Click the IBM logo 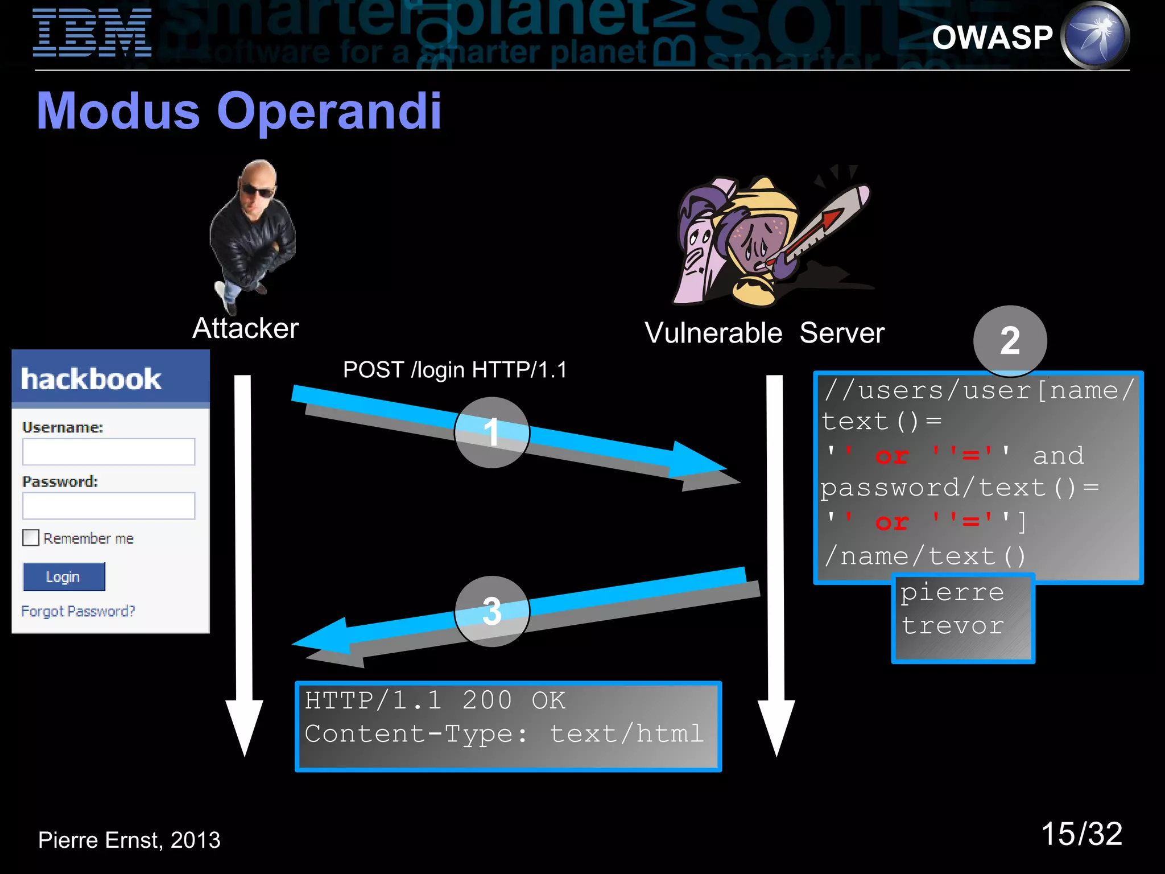tap(92, 33)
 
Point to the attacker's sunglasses tap(257, 191)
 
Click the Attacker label tap(245, 328)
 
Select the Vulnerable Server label tap(764, 333)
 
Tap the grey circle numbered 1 tap(491, 432)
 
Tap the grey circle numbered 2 tap(1010, 341)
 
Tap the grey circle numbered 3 tap(491, 611)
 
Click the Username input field tap(109, 452)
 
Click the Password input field tap(109, 506)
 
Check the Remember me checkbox tap(31, 538)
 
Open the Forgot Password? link tap(78, 611)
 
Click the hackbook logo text tap(91, 379)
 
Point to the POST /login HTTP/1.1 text tap(455, 370)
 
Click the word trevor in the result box tap(953, 625)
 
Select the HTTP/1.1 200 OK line tap(435, 700)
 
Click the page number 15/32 tap(1081, 834)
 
